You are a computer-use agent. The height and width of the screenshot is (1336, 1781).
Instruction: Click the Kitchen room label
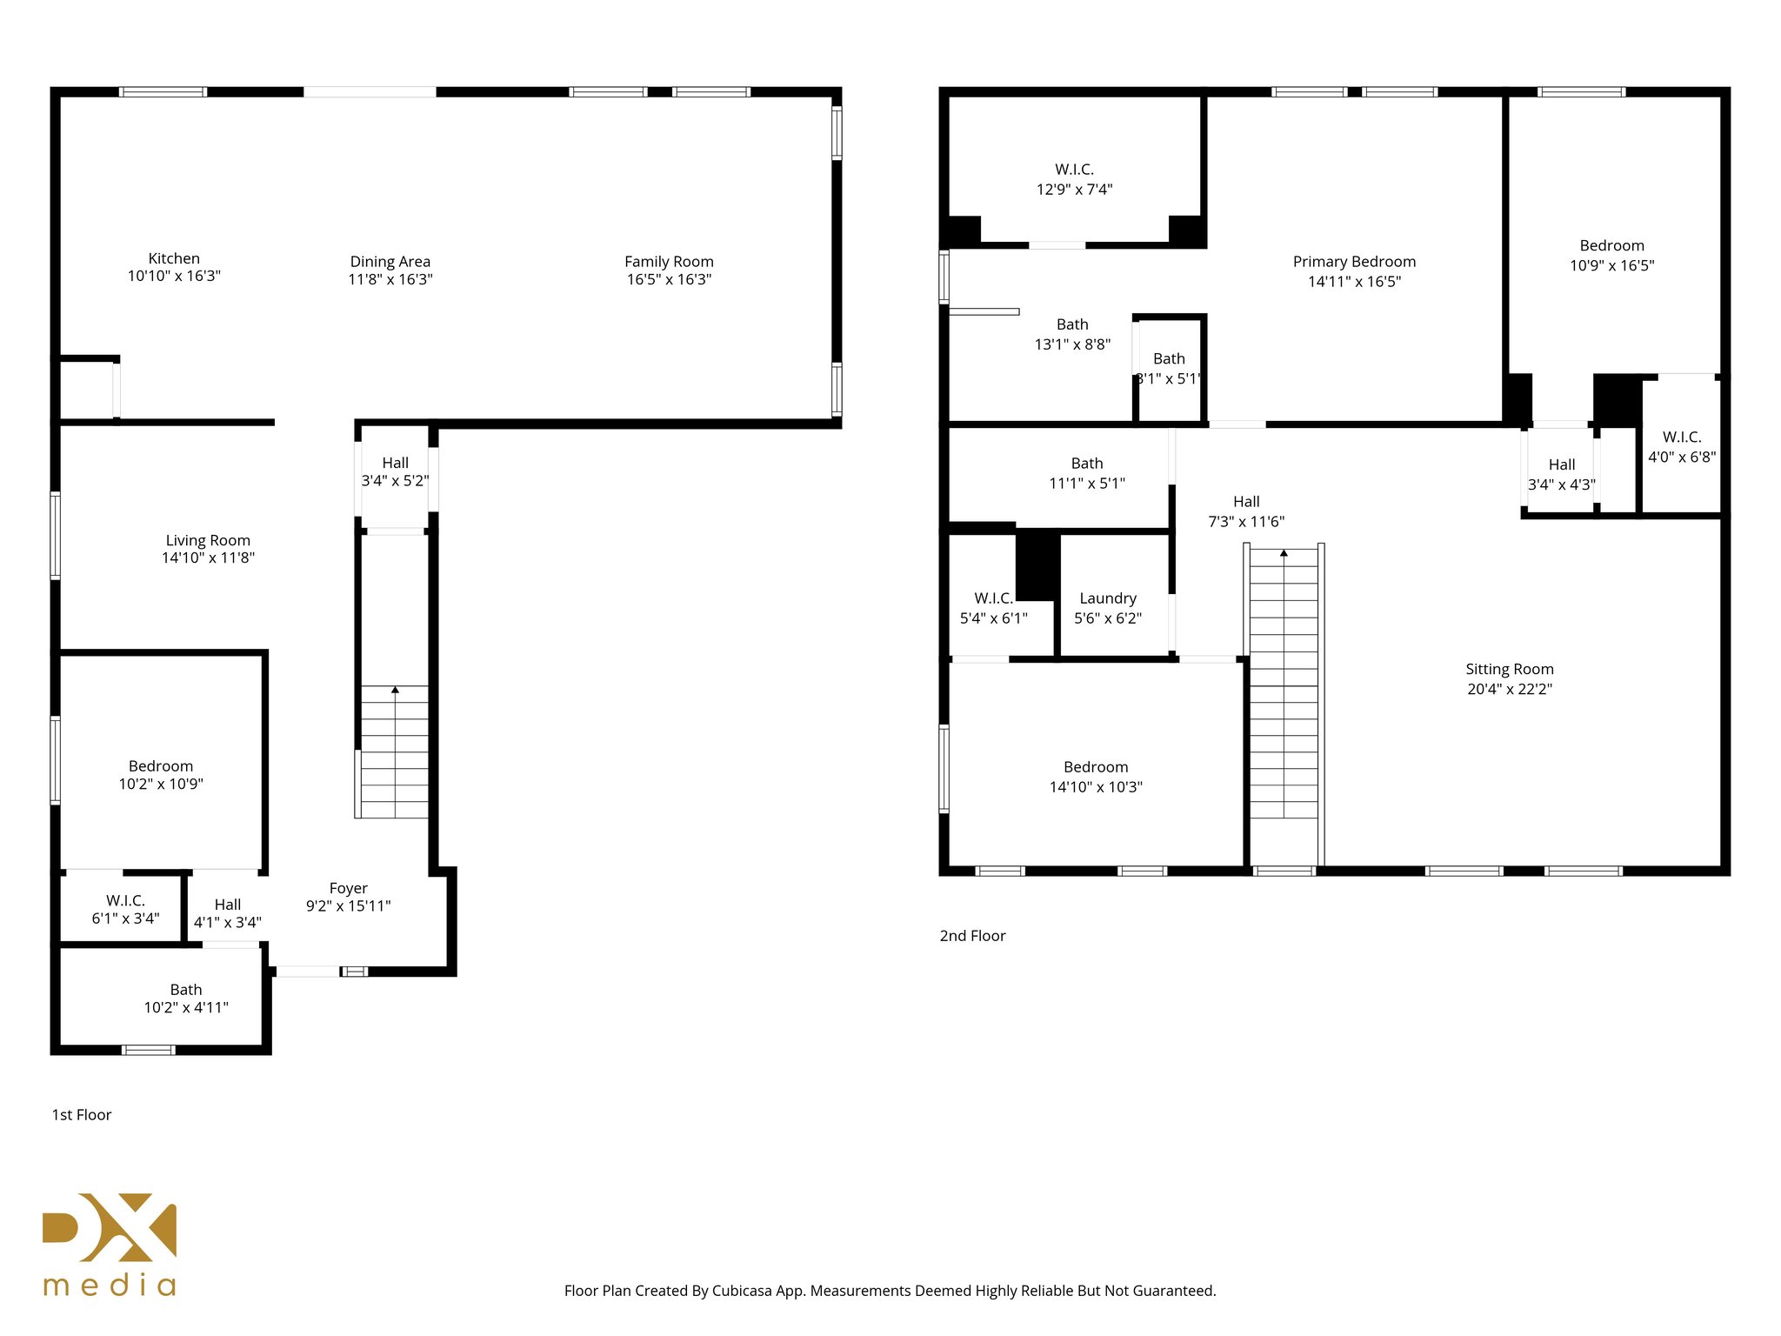[174, 258]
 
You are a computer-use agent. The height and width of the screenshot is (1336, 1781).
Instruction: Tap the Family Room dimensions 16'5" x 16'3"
[669, 279]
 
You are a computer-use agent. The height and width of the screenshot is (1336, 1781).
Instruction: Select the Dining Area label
[390, 262]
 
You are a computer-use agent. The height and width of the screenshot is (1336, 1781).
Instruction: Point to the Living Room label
[208, 540]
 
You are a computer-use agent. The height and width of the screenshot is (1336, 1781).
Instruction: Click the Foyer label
[348, 888]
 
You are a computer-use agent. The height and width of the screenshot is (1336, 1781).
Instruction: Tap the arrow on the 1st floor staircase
[395, 690]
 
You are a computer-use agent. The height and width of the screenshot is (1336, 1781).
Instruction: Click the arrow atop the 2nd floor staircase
[1284, 552]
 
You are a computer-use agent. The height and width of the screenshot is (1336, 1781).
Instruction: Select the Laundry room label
[1108, 598]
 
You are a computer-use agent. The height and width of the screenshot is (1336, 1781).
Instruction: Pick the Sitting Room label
[1509, 669]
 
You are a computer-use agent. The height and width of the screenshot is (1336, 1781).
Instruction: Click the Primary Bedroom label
[1354, 262]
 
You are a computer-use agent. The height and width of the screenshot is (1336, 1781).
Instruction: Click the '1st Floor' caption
[82, 1115]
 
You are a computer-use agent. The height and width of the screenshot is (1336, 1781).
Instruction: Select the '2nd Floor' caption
[972, 936]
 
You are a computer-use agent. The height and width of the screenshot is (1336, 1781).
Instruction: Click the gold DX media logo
[110, 1244]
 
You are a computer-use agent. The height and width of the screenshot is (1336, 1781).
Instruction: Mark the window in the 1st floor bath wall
[148, 1050]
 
